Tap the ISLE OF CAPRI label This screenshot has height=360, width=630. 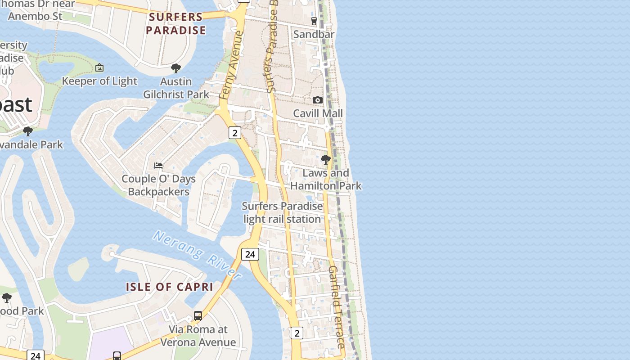(169, 287)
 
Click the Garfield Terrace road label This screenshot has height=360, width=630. (337, 306)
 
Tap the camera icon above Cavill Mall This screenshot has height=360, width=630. (318, 100)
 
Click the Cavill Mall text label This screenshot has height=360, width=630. (318, 113)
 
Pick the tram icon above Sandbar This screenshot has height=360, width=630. (314, 21)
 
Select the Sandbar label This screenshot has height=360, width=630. (314, 34)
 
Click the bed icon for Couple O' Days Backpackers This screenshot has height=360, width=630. (158, 166)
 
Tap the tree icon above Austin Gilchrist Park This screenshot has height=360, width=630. (176, 68)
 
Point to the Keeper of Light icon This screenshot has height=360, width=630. (99, 68)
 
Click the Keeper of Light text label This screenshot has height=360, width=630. (99, 81)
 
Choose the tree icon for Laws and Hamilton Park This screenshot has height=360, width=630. (325, 160)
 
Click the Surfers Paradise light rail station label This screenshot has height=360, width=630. (282, 212)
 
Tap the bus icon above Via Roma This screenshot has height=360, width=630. (198, 316)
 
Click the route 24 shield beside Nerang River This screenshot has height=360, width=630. (250, 254)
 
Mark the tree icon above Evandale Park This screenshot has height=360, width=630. (28, 131)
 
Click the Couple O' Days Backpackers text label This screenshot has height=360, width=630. (158, 185)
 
